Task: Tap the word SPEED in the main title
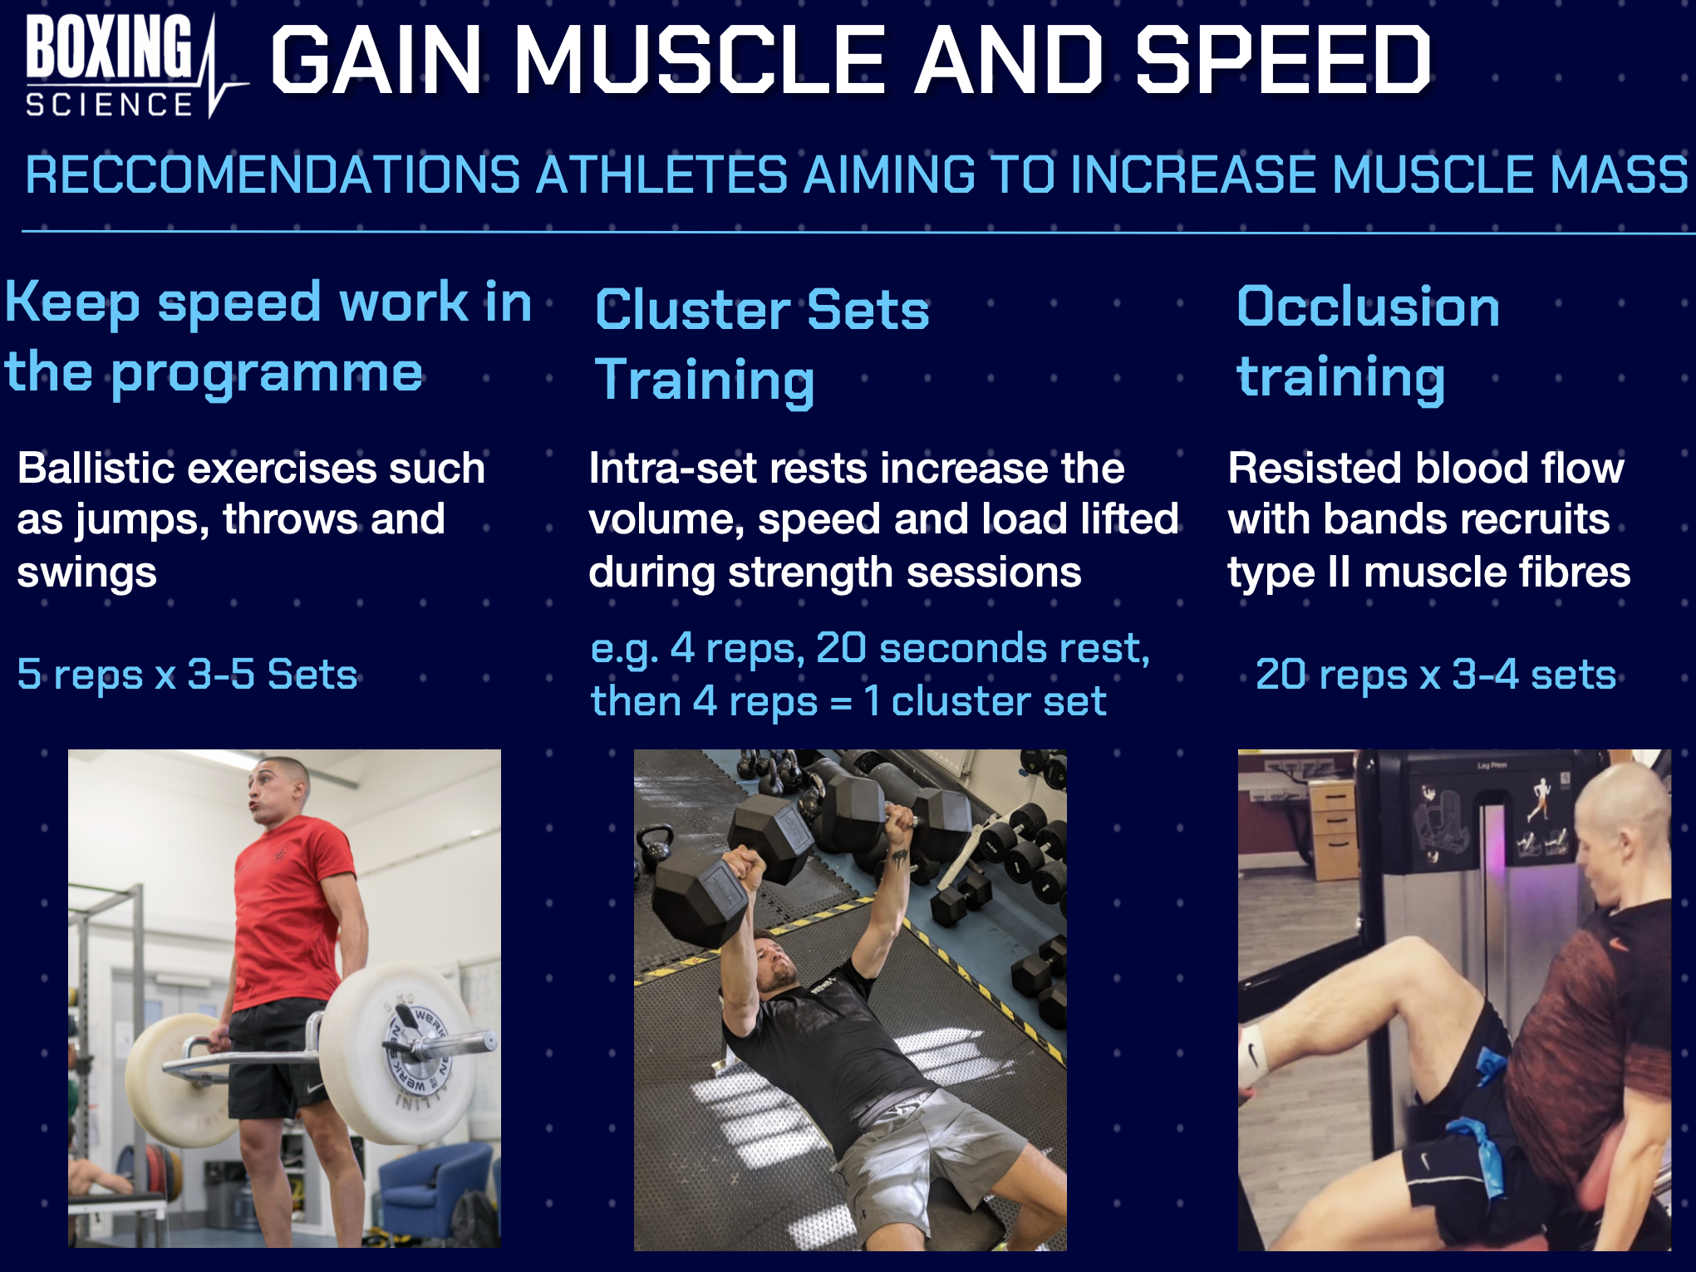pos(1284,60)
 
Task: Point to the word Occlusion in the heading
pos(1368,307)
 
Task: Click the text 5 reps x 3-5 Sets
pos(187,674)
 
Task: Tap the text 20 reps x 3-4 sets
pos(1435,674)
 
